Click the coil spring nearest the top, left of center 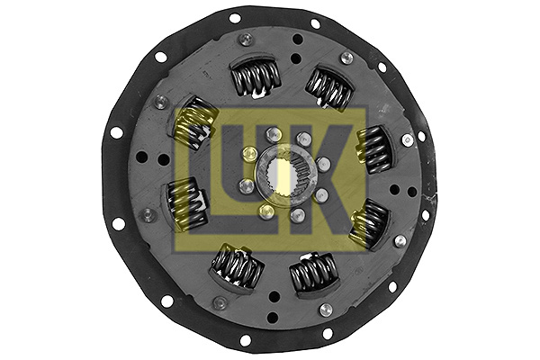[x=255, y=77]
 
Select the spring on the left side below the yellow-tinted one [x=185, y=202]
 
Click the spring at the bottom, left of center [x=237, y=266]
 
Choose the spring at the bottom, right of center [x=312, y=271]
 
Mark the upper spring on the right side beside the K [x=373, y=148]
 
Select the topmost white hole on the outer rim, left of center [x=235, y=18]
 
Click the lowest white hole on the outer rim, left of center [x=245, y=340]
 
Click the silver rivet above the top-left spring [x=245, y=40]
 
